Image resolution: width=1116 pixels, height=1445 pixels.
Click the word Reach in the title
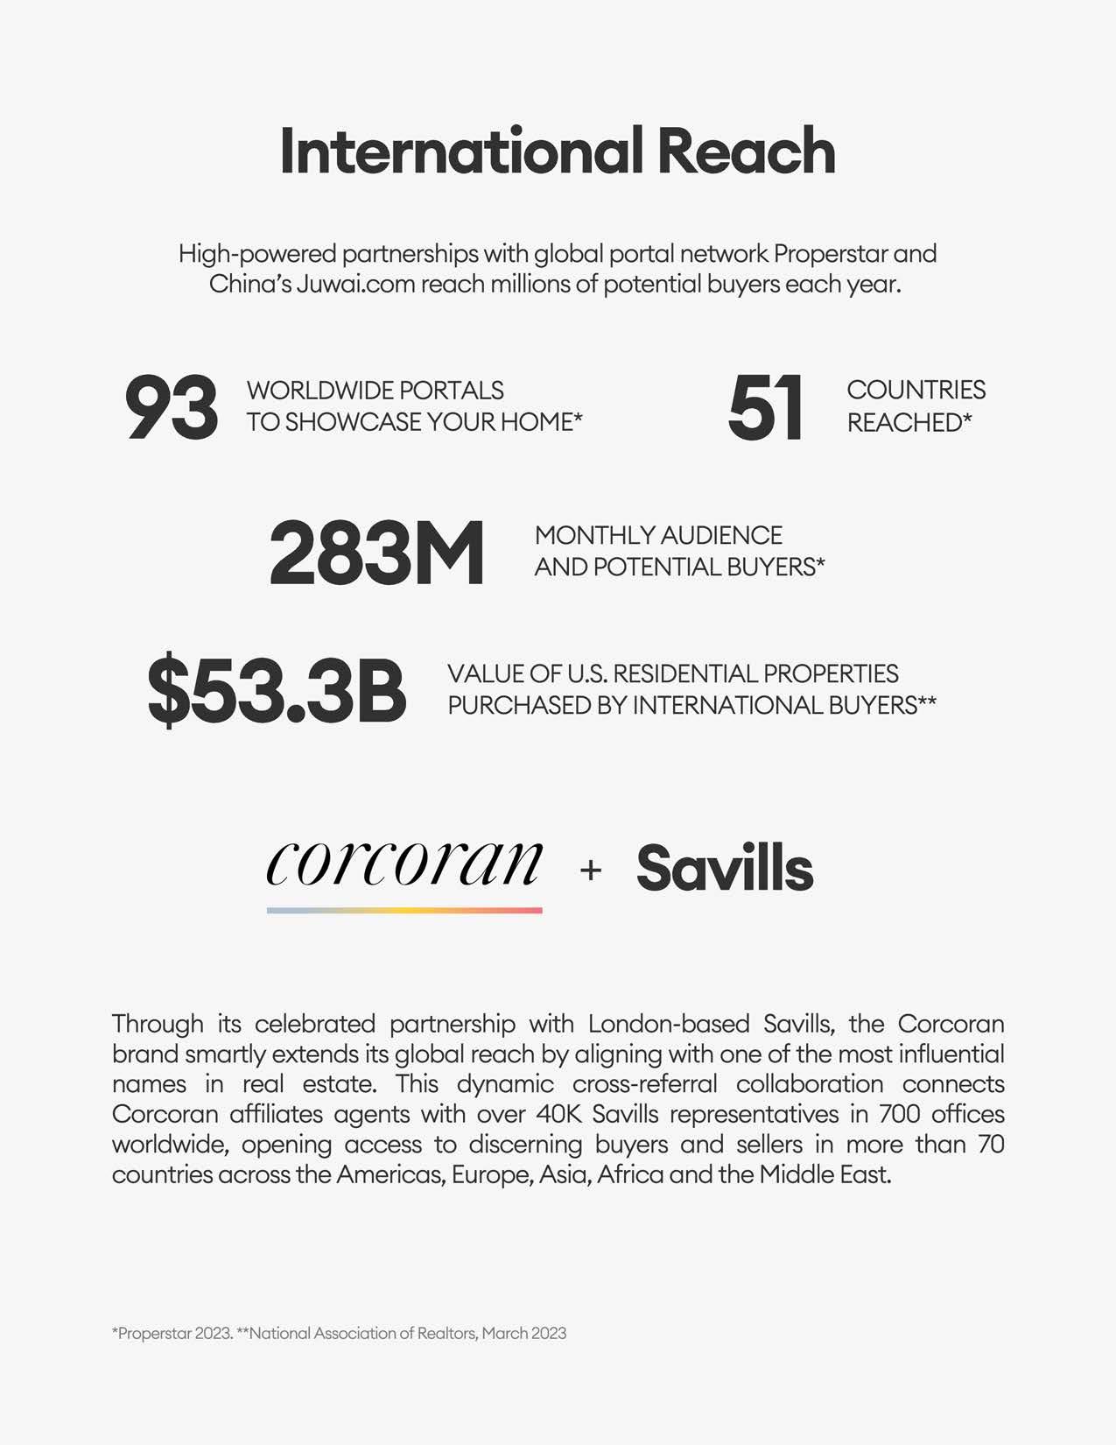pyautogui.click(x=746, y=152)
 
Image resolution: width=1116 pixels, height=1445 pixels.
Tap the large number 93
pyautogui.click(x=172, y=407)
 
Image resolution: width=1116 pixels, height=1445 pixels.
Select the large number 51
pyautogui.click(x=765, y=407)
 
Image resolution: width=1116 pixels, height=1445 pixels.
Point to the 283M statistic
pyautogui.click(x=376, y=553)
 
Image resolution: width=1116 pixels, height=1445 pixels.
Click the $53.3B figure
pyautogui.click(x=277, y=691)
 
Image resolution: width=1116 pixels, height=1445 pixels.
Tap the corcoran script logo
pyautogui.click(x=404, y=863)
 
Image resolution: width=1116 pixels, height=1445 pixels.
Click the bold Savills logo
pyautogui.click(x=725, y=869)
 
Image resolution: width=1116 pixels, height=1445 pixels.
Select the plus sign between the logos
pyautogui.click(x=591, y=870)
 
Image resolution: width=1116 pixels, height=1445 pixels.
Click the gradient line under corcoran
pyautogui.click(x=404, y=911)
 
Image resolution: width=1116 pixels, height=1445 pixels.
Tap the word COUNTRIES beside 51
pyautogui.click(x=916, y=390)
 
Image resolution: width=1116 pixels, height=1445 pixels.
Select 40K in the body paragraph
pyautogui.click(x=529, y=1114)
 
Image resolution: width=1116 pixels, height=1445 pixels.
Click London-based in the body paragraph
pyautogui.click(x=669, y=1024)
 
